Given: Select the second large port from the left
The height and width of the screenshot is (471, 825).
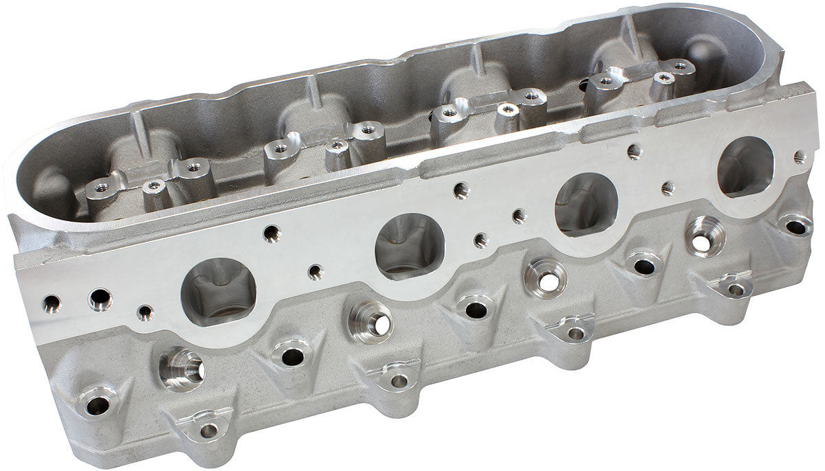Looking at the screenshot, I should click(x=409, y=245).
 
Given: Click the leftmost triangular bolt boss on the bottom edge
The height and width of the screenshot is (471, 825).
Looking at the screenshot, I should click(x=207, y=429).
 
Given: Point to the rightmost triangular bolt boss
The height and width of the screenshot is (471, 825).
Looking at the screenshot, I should click(x=735, y=288).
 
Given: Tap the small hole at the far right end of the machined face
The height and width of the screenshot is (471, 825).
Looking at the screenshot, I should click(x=800, y=157).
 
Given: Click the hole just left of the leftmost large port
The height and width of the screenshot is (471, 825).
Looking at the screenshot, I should click(x=145, y=313).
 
